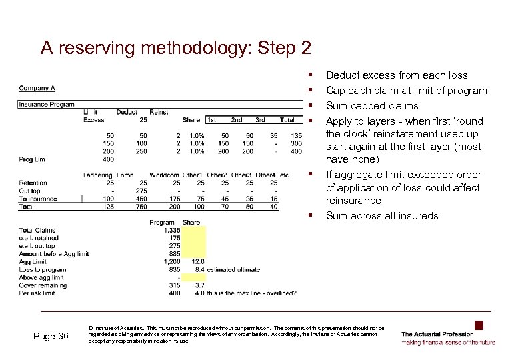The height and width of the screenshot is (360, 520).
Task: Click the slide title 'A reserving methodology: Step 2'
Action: click(x=175, y=49)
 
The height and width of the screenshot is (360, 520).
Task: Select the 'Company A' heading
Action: click(x=37, y=88)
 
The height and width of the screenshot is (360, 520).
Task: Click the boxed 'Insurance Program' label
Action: click(x=47, y=105)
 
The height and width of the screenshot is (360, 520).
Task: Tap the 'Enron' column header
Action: click(x=125, y=175)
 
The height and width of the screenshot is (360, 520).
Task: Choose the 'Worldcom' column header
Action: click(x=164, y=175)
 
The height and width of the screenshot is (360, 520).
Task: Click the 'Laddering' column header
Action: click(x=98, y=175)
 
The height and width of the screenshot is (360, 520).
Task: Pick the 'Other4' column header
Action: click(x=265, y=175)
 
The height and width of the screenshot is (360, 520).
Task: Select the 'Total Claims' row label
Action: click(x=37, y=230)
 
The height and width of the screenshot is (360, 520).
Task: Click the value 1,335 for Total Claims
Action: click(x=171, y=230)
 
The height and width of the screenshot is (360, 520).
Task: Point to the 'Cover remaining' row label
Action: click(x=43, y=285)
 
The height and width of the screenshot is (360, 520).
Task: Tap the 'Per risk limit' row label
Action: click(x=39, y=293)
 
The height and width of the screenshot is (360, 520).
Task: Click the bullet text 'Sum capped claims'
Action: click(x=363, y=106)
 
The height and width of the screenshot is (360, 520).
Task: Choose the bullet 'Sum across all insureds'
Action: click(x=382, y=215)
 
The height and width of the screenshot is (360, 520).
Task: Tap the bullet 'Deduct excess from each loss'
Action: click(x=397, y=75)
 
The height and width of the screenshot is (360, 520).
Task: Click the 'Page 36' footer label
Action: click(x=51, y=336)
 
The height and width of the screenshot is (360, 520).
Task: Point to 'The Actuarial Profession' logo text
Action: click(x=437, y=333)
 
